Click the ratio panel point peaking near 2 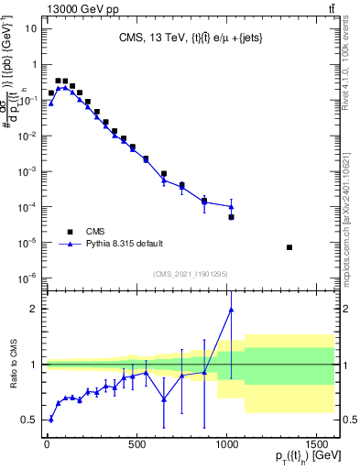(x=231, y=310)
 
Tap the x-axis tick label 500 (x=136, y=444)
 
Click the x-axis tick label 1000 (x=225, y=444)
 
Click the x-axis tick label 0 (x=47, y=444)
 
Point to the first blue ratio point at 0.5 (x=50, y=420)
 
